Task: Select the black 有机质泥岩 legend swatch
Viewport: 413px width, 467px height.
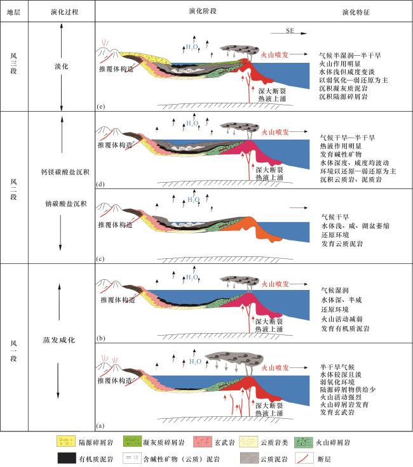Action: (65, 456)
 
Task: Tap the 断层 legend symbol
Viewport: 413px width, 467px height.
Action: (325, 456)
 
